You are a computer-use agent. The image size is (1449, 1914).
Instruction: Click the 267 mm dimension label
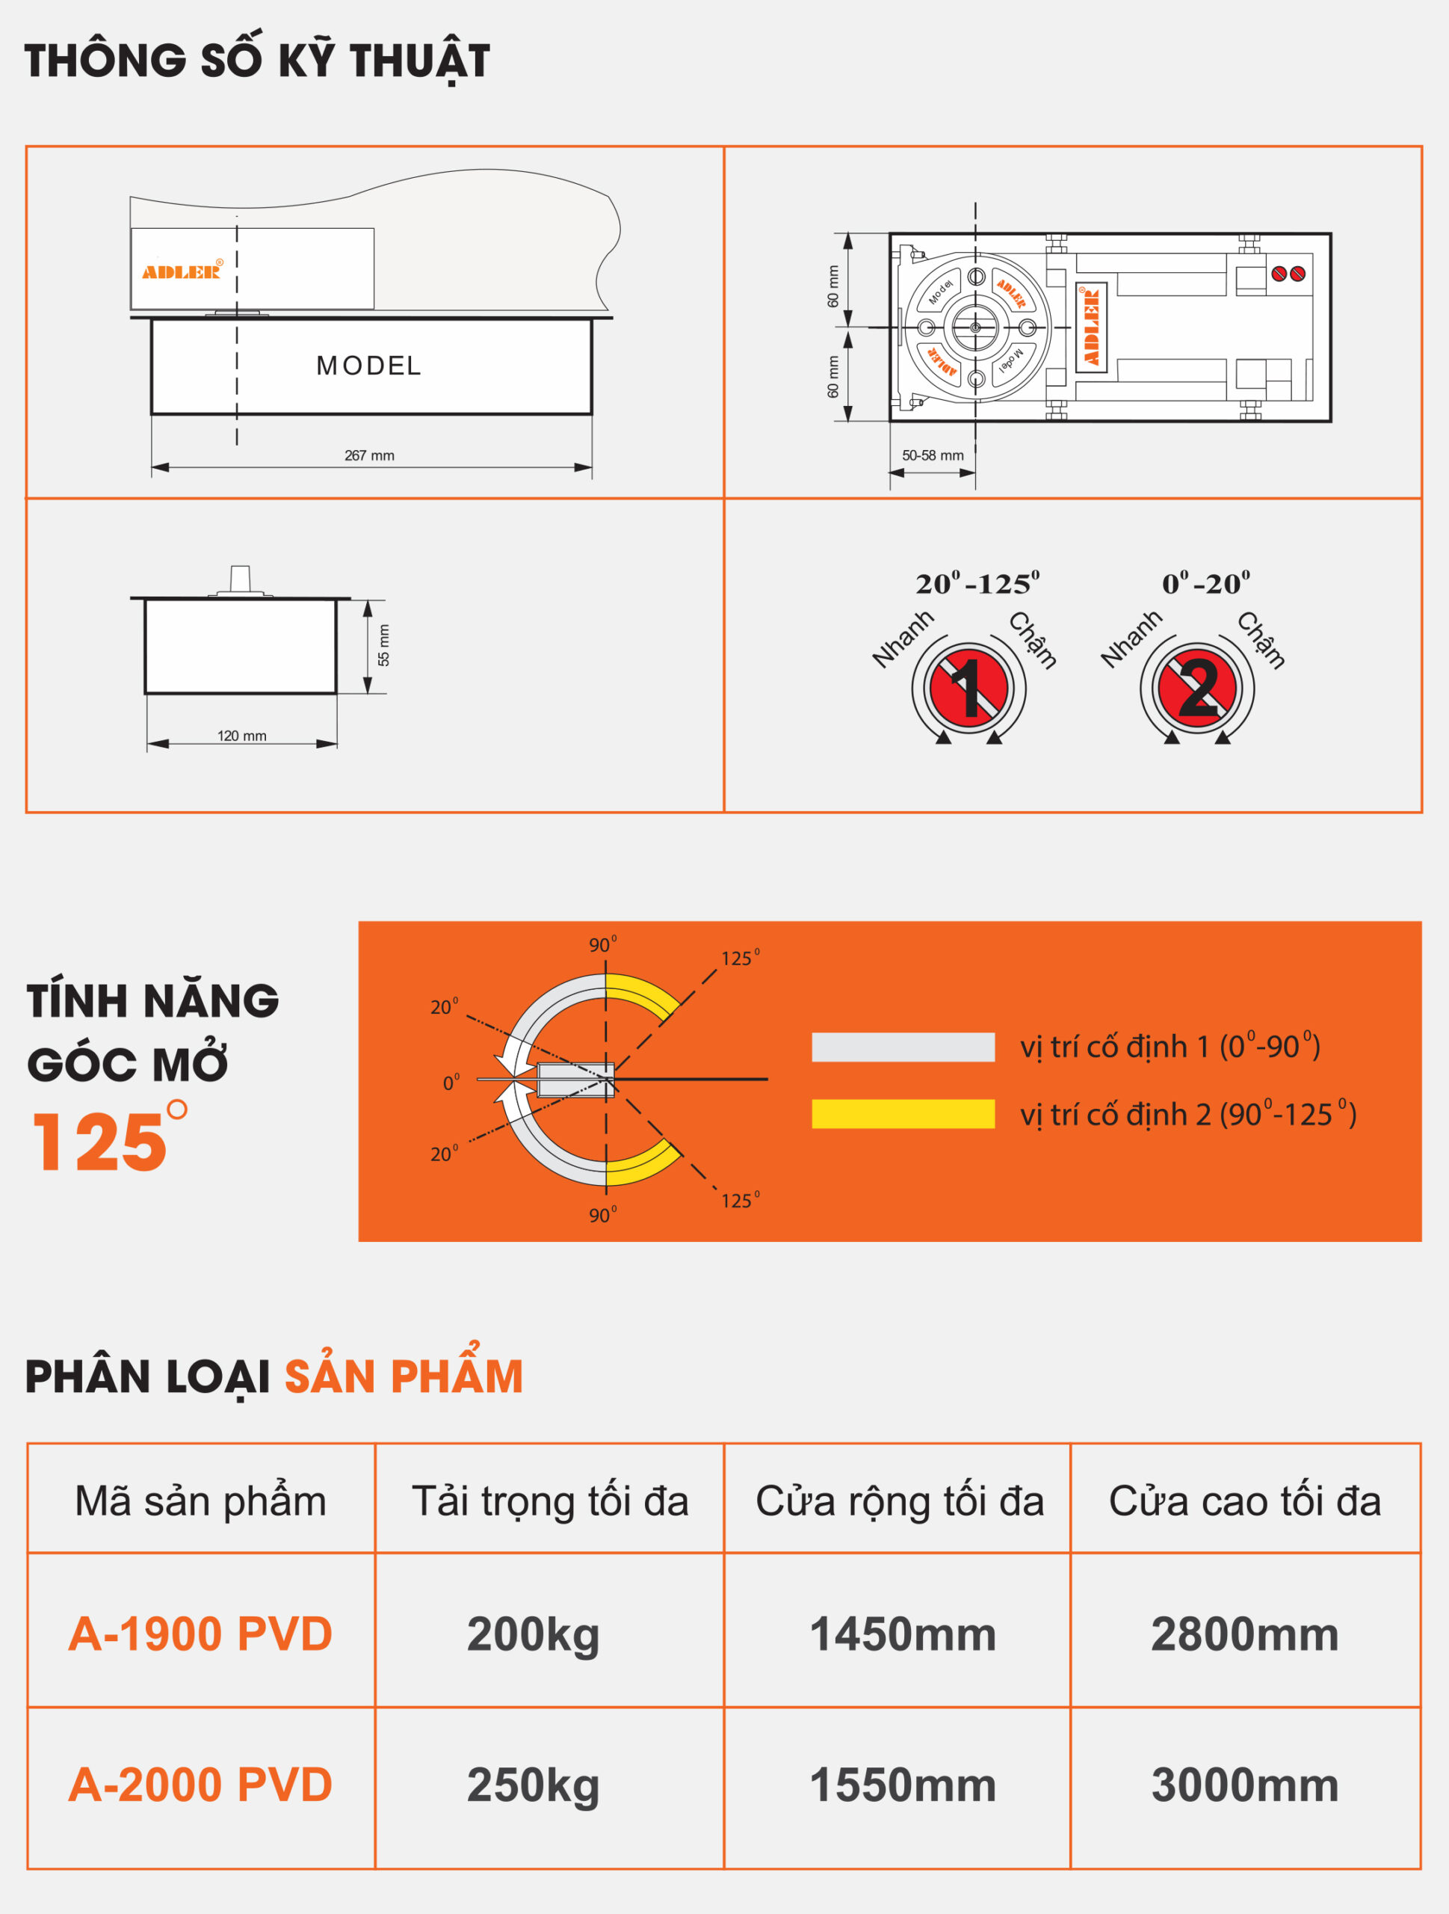[369, 455]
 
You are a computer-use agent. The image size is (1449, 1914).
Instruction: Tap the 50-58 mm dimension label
[933, 455]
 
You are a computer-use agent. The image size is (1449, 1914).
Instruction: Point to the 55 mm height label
[384, 645]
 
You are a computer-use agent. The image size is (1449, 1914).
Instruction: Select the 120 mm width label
[242, 736]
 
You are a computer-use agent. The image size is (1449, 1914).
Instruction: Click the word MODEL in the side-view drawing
[369, 366]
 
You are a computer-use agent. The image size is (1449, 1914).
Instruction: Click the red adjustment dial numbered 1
[969, 689]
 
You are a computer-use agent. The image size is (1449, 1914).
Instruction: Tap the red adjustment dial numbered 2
[1197, 689]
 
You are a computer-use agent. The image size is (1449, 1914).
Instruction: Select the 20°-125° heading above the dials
[977, 584]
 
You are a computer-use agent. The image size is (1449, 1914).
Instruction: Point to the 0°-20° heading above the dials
[1206, 584]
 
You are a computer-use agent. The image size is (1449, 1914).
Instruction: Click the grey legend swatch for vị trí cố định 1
[903, 1047]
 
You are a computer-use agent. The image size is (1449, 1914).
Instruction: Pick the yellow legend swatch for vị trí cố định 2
[903, 1113]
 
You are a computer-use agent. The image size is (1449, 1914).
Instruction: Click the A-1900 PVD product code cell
[201, 1634]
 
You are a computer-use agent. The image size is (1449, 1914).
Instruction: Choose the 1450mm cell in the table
[902, 1634]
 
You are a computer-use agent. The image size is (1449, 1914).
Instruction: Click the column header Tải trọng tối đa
[550, 1501]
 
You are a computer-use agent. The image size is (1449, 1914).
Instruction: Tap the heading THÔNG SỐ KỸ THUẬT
[257, 61]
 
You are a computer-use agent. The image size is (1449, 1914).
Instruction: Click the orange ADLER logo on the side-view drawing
[182, 271]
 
